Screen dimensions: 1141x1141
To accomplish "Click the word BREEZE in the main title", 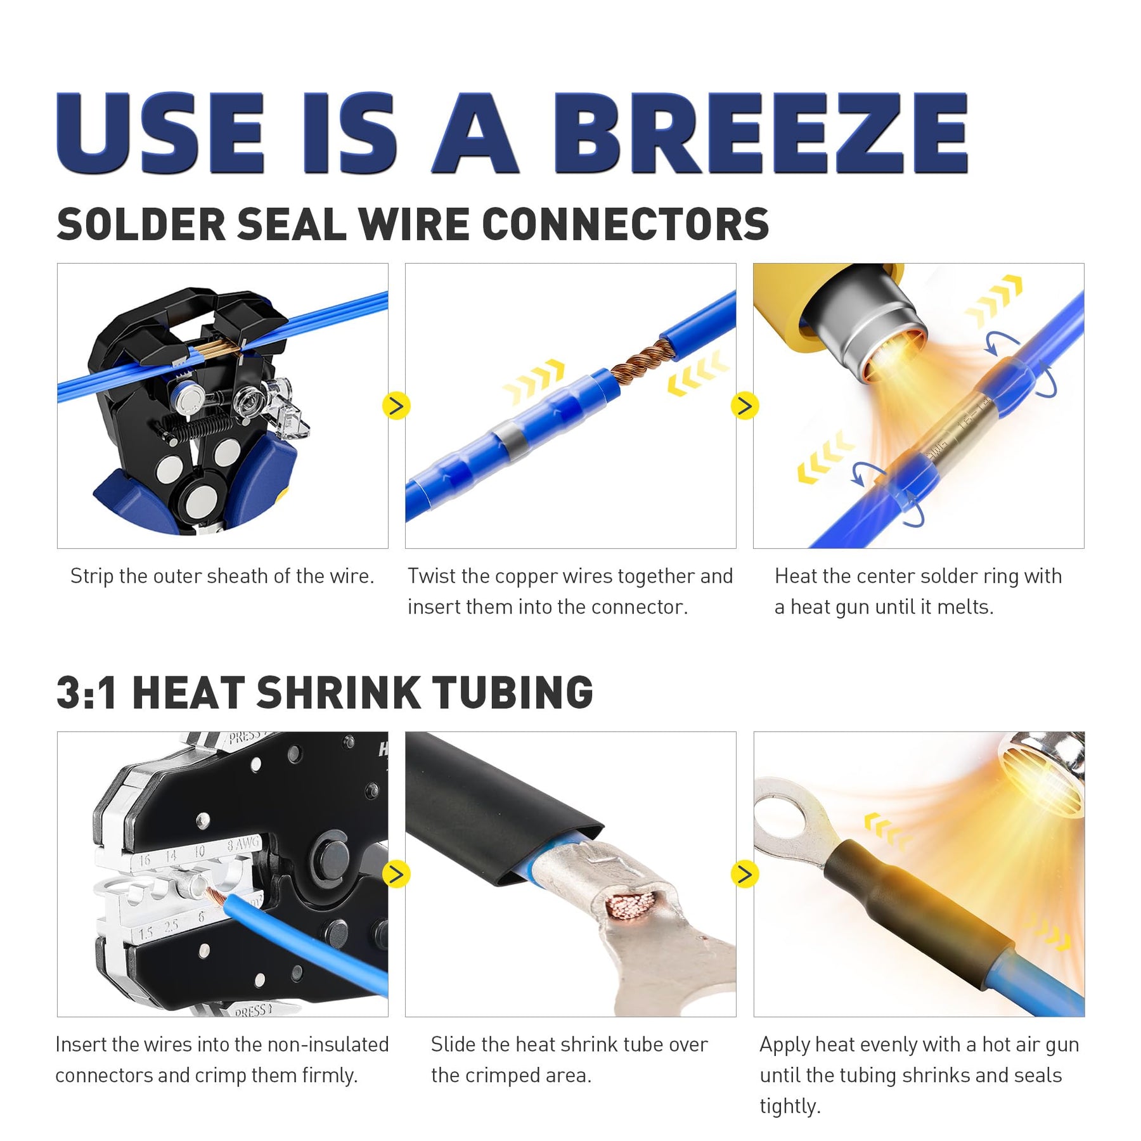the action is [x=761, y=133].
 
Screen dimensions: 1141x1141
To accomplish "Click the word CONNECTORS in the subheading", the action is [x=626, y=224].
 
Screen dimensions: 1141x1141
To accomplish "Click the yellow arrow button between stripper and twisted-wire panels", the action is [x=396, y=406].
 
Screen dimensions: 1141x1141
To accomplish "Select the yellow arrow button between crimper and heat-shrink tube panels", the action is [x=396, y=874].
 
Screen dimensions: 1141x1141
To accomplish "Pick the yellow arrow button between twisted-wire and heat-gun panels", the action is [x=745, y=406].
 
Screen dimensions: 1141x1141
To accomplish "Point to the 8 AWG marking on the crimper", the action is [x=243, y=844].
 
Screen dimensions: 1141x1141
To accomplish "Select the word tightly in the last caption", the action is [x=790, y=1106].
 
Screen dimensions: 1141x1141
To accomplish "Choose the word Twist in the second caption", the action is [x=432, y=576].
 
